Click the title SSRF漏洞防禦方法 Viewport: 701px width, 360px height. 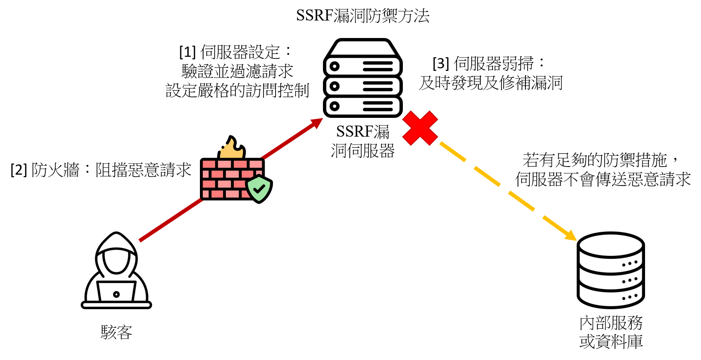[363, 16]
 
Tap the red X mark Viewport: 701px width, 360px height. [420, 128]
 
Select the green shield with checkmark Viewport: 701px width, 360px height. [259, 189]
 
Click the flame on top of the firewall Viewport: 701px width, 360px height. [232, 148]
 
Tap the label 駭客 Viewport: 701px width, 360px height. [117, 332]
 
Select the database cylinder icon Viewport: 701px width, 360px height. [611, 270]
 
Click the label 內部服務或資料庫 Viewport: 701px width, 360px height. [611, 332]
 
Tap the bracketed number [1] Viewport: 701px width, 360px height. [188, 52]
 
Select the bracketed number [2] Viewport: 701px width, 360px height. [19, 170]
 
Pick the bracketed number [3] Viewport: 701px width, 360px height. [441, 64]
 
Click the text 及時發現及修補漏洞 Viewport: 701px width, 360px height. [491, 83]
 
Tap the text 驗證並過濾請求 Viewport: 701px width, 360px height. [237, 71]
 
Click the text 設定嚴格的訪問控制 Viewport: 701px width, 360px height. [237, 91]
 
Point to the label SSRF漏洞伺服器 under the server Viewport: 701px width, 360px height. [363, 141]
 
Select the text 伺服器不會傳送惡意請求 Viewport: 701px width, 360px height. [603, 179]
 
